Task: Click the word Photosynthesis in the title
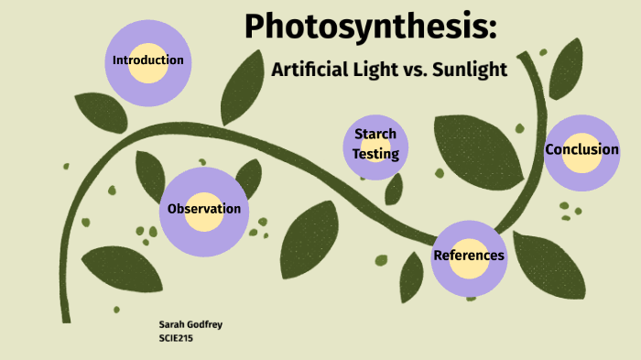tap(370, 28)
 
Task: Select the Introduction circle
tap(147, 60)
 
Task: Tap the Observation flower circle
tap(204, 210)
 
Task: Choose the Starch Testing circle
tap(376, 145)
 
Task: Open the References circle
tap(469, 256)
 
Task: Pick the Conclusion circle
tap(581, 150)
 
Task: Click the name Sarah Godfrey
tap(189, 325)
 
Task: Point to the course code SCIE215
tap(177, 338)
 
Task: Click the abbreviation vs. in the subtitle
tap(414, 70)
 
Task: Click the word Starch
tap(375, 135)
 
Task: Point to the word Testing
tap(376, 154)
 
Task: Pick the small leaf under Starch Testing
tap(394, 189)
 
